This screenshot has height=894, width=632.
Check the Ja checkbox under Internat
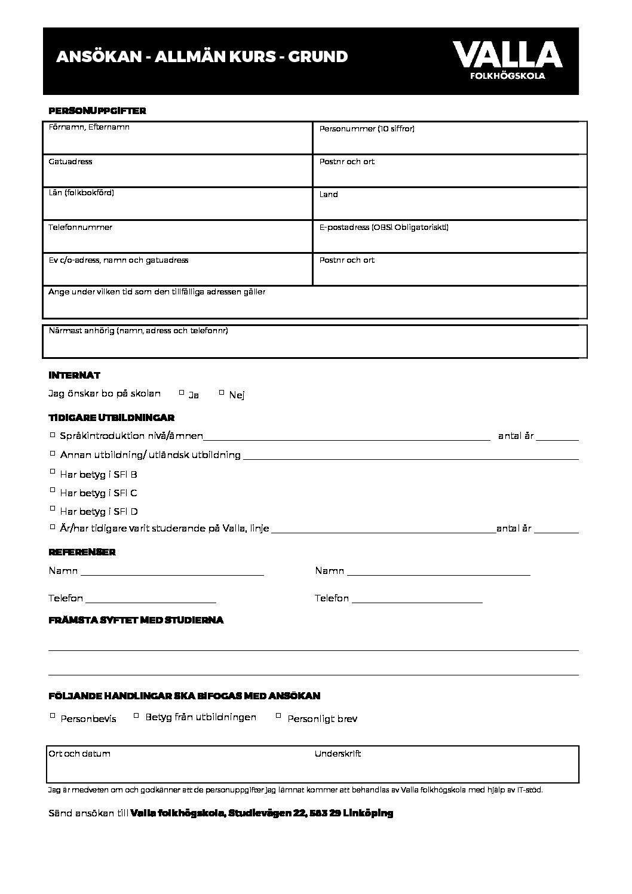(182, 392)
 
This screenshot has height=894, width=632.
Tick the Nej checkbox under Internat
(222, 392)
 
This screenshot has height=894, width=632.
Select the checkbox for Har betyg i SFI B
(53, 472)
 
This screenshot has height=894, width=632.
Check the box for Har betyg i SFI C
(53, 490)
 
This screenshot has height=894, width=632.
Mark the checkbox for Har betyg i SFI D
(53, 509)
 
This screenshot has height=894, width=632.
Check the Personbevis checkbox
(53, 715)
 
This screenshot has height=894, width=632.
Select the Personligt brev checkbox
(278, 715)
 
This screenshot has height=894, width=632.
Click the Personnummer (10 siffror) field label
(366, 129)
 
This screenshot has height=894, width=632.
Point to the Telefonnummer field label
(80, 228)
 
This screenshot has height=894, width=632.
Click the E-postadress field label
(384, 228)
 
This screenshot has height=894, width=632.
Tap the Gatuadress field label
(70, 162)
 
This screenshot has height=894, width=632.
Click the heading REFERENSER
(82, 552)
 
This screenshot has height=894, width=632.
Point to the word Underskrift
(338, 754)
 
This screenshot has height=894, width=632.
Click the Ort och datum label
(79, 754)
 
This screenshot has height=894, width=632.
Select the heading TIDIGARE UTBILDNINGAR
(111, 418)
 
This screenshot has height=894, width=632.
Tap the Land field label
(329, 195)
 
